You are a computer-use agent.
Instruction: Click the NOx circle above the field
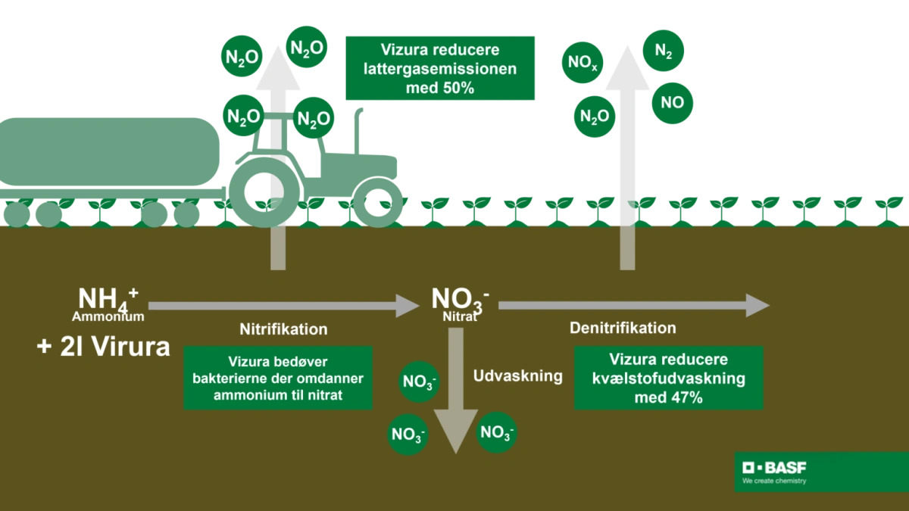pos(583,63)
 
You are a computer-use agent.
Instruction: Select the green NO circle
pos(672,102)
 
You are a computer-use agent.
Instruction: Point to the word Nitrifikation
pos(283,329)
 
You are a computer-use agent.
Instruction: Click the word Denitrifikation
pos(623,328)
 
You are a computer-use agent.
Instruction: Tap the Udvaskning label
pos(518,375)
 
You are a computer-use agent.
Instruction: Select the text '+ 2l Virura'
pos(104,347)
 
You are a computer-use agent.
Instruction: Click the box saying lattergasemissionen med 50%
pos(442,67)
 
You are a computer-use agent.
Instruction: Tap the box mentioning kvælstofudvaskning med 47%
pos(667,378)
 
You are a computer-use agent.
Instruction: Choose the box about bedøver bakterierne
pos(278,378)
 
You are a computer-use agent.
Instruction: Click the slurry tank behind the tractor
pos(106,151)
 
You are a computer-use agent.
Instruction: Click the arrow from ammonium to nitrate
pos(283,306)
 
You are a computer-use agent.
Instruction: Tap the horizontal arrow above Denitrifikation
pos(633,305)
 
